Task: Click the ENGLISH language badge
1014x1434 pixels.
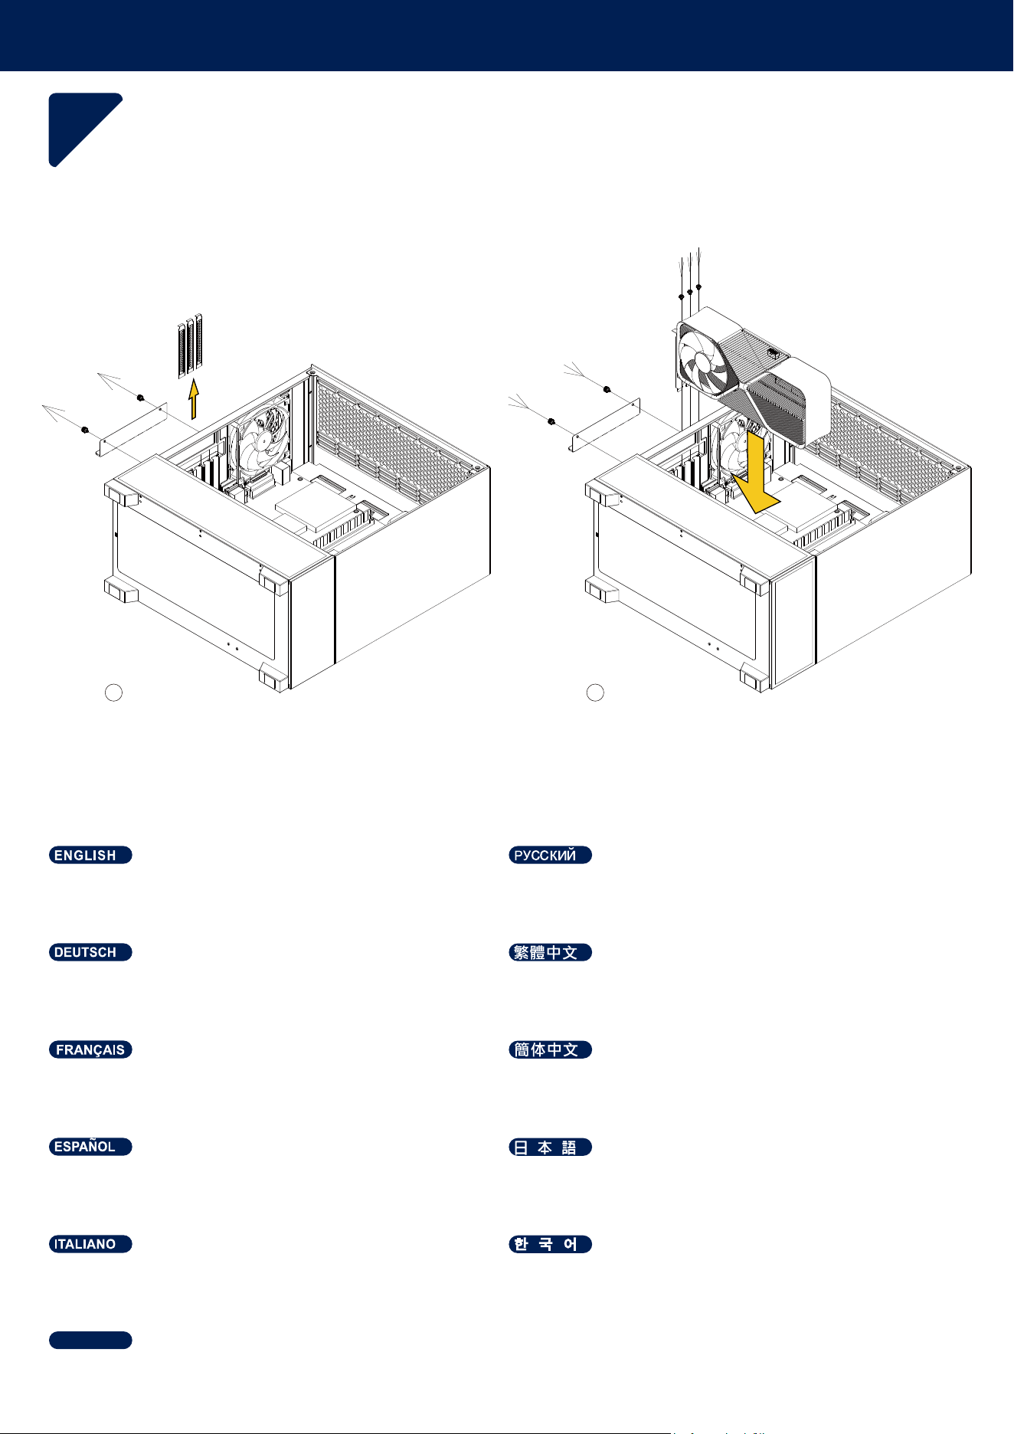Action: [90, 855]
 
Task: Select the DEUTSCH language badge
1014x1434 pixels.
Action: [90, 952]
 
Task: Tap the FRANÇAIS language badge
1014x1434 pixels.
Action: [90, 1049]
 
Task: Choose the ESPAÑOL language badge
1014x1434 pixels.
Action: [90, 1147]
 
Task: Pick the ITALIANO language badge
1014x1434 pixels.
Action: [90, 1244]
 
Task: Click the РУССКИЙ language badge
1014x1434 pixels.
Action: [551, 855]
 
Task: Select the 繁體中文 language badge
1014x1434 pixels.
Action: [551, 952]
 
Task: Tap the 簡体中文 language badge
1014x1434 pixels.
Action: [551, 1049]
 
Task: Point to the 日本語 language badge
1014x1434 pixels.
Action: [551, 1147]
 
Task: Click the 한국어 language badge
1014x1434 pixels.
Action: [551, 1244]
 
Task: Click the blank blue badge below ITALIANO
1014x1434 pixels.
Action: [90, 1340]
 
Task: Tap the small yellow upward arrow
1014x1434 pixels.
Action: [194, 399]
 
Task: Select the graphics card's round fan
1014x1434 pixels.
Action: [705, 361]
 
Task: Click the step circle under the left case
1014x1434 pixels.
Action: [113, 692]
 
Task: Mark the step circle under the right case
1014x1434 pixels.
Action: [595, 692]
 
